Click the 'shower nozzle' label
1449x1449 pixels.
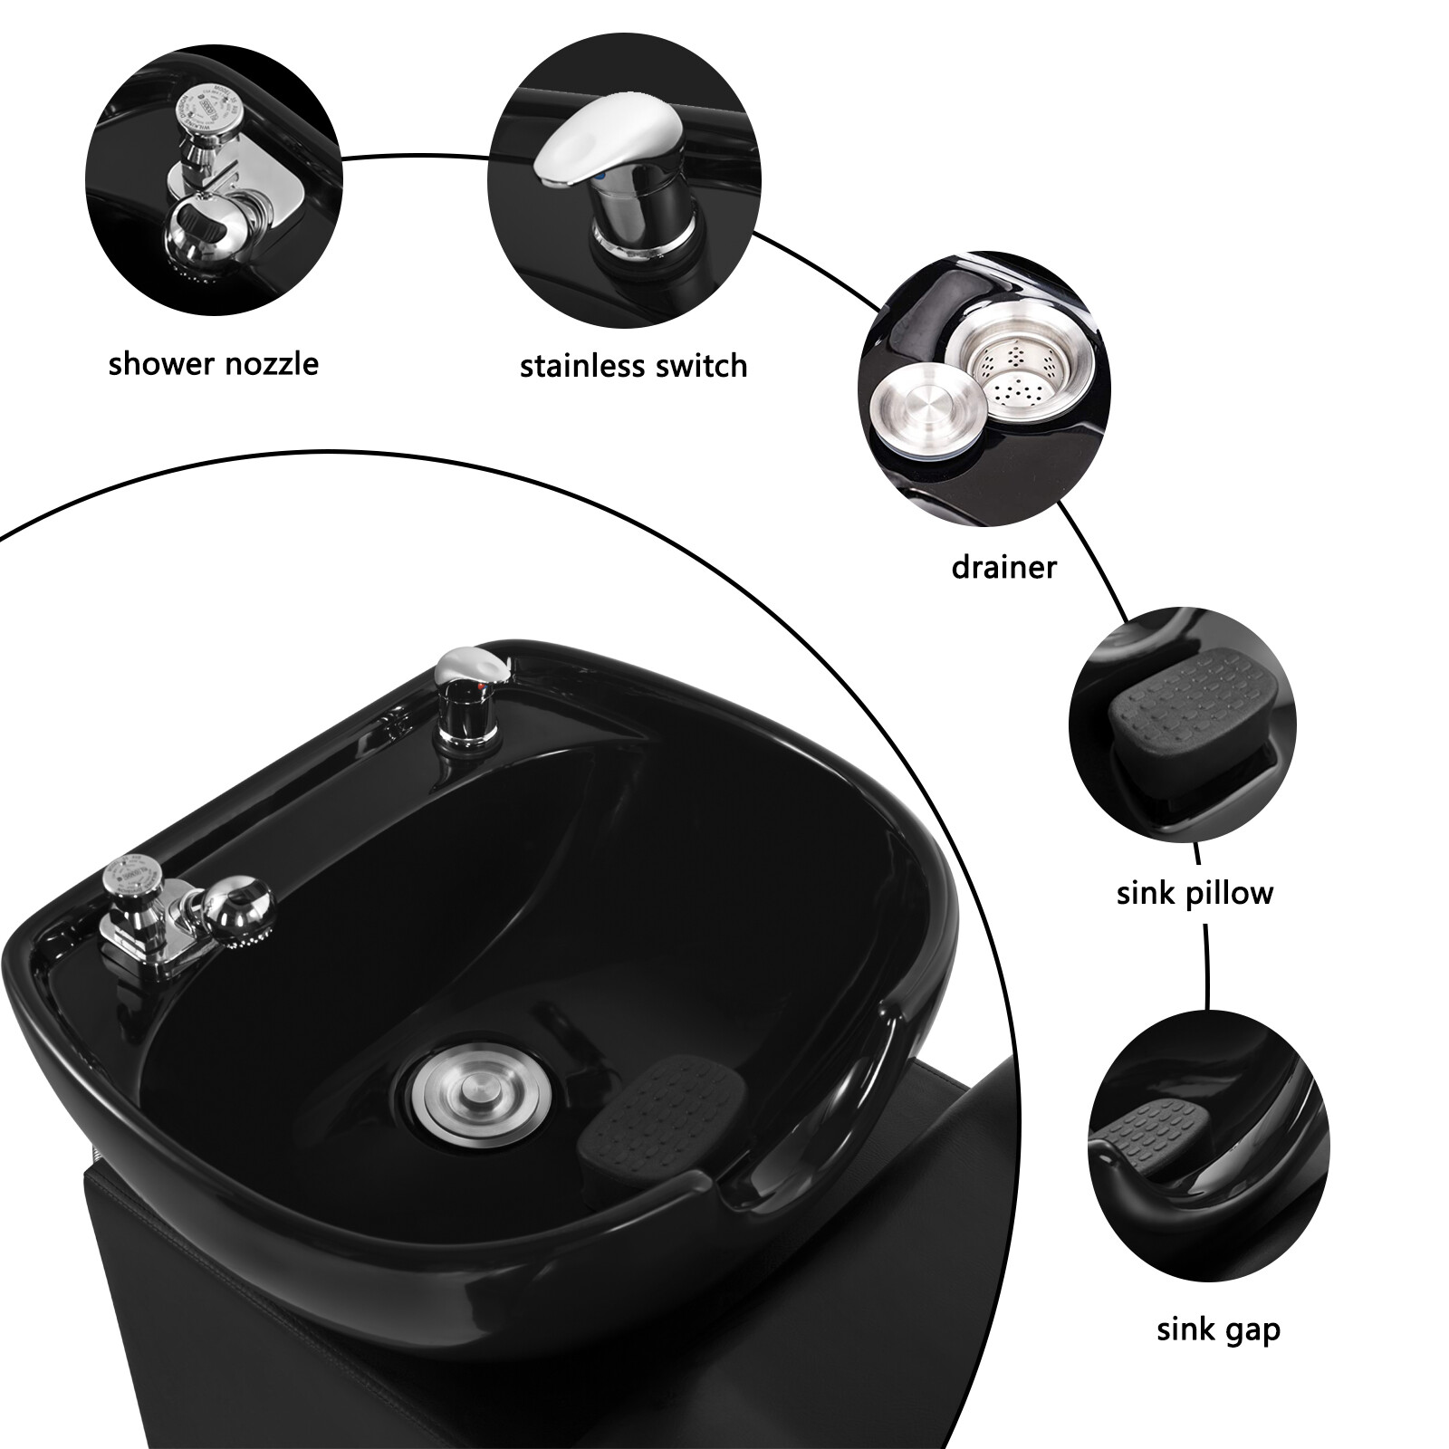pyautogui.click(x=213, y=364)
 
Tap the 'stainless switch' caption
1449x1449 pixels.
pyautogui.click(x=633, y=366)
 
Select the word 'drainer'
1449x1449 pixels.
pyautogui.click(x=1003, y=568)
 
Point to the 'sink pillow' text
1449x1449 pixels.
pyautogui.click(x=1195, y=893)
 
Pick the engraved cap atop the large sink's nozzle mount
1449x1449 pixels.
pyautogui.click(x=125, y=874)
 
